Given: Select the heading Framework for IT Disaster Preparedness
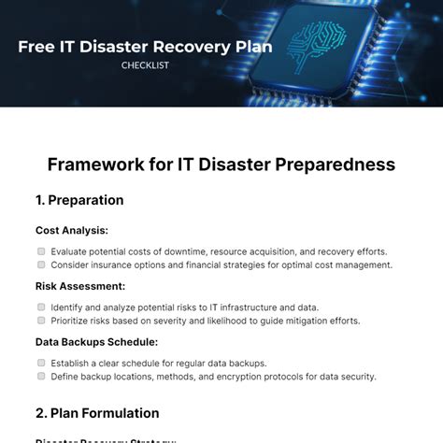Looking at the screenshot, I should [221, 164].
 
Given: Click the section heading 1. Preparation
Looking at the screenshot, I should [79, 200].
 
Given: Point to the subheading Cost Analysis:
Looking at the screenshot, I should [71, 230].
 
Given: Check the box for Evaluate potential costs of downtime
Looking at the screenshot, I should [41, 251].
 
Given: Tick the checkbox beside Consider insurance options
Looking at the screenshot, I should [41, 265].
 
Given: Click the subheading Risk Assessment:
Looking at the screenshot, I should [80, 286].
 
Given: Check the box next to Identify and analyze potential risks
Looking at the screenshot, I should [41, 307].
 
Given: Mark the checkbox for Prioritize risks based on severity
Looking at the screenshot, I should [41, 321].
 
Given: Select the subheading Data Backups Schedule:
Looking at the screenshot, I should [96, 342].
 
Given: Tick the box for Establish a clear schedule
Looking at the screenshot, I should [41, 363].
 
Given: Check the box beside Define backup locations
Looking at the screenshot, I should [41, 377].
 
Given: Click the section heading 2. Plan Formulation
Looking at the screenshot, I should [97, 413].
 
